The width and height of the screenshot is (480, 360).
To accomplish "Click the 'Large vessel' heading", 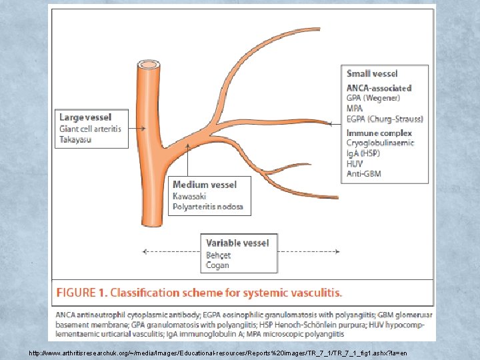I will [85, 117].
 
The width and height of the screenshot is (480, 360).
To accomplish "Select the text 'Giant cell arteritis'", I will [91, 129].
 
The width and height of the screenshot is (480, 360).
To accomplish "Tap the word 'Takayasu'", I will [76, 139].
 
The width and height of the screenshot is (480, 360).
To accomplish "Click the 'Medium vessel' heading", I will [204, 185].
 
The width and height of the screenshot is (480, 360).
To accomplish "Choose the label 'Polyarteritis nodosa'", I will [208, 207].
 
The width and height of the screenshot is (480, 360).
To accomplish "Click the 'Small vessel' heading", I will [372, 73].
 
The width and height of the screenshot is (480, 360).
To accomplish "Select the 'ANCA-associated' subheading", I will [379, 88].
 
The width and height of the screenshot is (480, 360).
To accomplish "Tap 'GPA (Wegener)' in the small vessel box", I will [373, 98].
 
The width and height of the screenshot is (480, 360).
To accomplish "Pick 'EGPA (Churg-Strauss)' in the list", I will [385, 119].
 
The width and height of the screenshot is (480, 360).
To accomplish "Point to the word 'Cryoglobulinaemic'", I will [380, 143].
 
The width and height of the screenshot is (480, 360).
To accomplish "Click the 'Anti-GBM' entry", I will [364, 174].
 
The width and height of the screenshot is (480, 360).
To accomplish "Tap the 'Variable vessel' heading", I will [237, 243].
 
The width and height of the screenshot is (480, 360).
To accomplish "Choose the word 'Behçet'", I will [218, 255].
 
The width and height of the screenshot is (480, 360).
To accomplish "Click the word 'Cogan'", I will [217, 265].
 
